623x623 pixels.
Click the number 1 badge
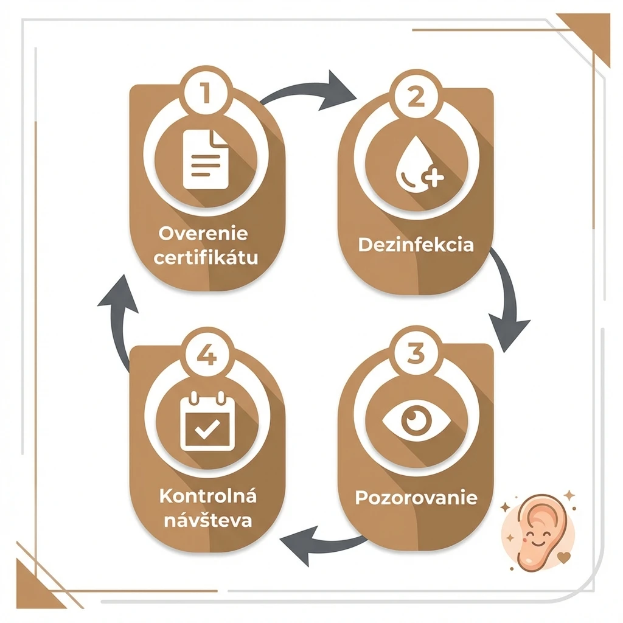206,92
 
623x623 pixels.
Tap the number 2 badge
416,97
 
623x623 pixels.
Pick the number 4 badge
207,353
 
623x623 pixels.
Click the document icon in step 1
206,159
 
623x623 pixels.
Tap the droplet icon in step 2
418,164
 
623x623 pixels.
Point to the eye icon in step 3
416,420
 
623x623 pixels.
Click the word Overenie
203,233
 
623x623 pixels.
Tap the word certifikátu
206,257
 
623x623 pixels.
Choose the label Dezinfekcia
416,245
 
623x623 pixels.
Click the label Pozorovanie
416,498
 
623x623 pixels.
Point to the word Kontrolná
208,496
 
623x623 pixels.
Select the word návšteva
208,520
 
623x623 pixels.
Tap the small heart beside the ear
564,557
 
